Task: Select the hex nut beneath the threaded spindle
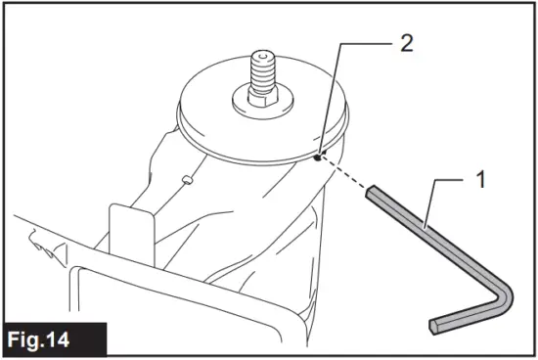265,98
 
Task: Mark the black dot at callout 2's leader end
320,154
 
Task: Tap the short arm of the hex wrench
470,315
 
